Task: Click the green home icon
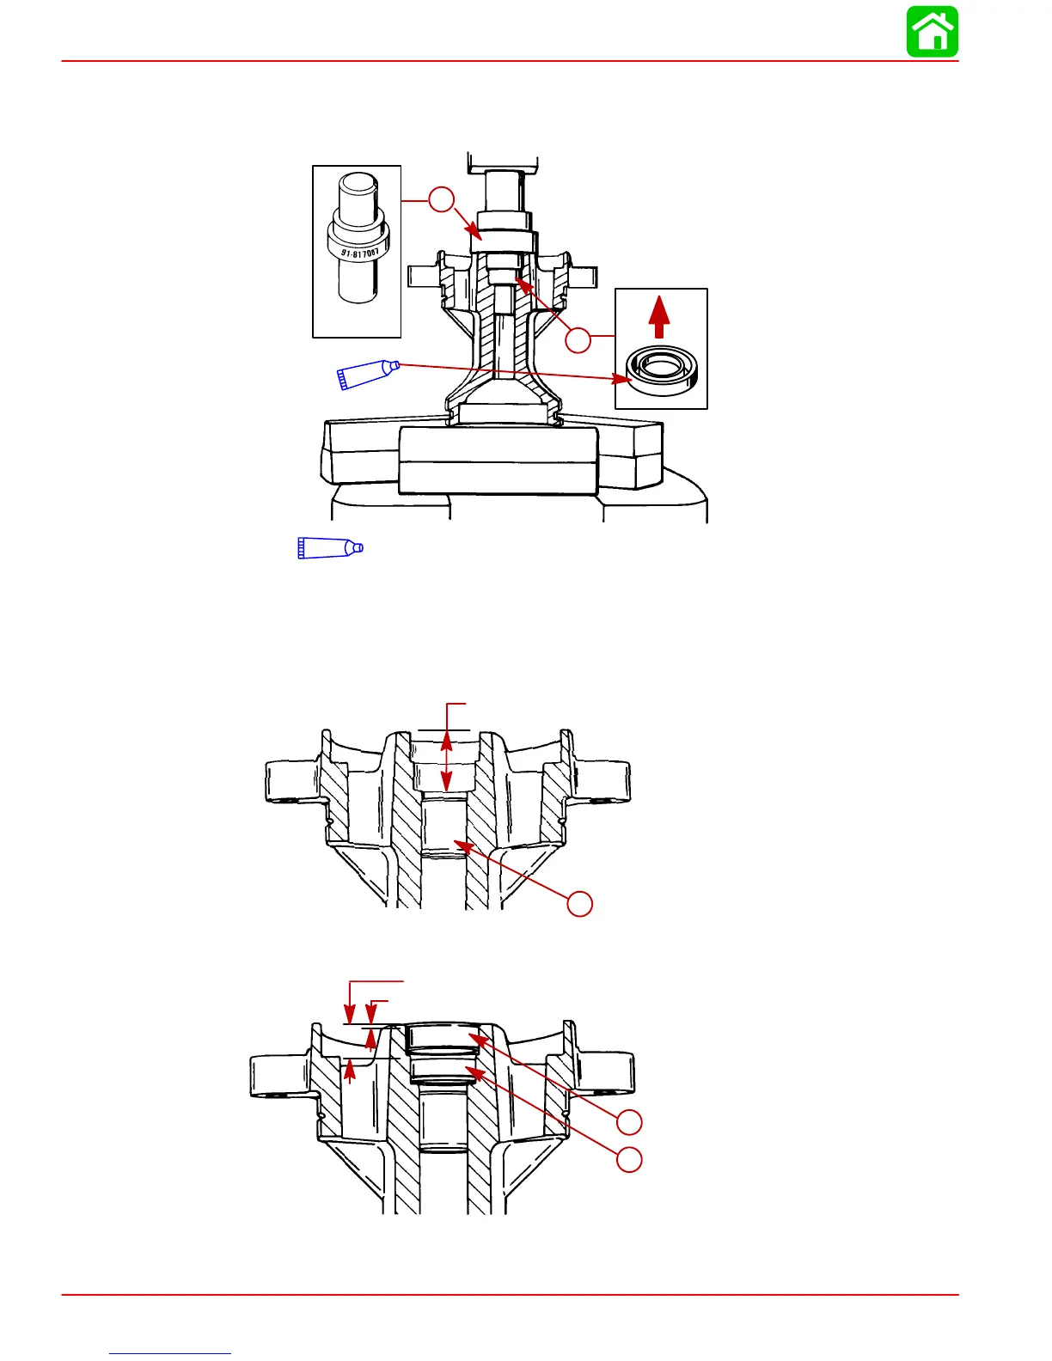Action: coord(932,31)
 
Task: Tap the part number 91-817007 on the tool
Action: coord(359,253)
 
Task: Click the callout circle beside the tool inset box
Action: coord(442,199)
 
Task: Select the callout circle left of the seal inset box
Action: coord(578,340)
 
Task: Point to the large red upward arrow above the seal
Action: coord(658,317)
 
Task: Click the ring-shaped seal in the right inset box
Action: coord(663,371)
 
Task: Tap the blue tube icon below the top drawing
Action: coord(330,547)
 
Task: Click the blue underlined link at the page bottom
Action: coord(170,1353)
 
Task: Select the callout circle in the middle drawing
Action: coord(579,904)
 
